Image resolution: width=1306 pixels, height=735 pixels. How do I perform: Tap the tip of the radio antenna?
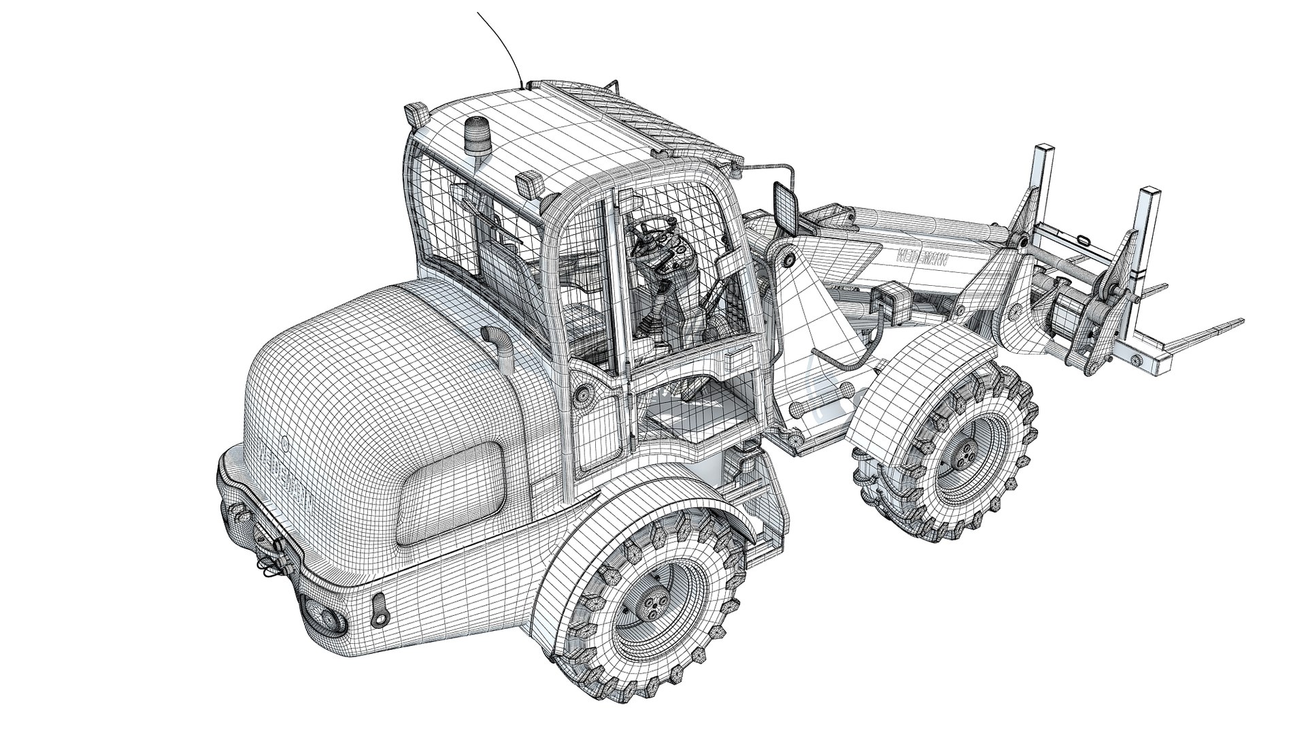point(478,14)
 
